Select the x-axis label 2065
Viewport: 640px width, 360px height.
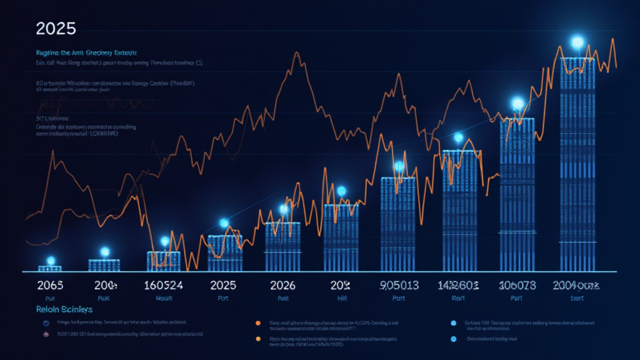click(x=51, y=286)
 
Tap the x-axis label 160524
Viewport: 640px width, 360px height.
click(x=163, y=286)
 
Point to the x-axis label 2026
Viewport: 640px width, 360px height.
click(x=282, y=286)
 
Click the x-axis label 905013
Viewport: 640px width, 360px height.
click(x=398, y=286)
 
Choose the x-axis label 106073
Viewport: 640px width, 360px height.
click(x=516, y=286)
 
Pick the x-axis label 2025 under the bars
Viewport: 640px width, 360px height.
click(x=223, y=286)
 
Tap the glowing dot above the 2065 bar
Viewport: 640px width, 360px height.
click(x=51, y=261)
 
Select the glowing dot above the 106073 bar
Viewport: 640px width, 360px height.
click(x=517, y=103)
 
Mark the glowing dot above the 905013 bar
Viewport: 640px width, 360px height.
click(x=399, y=166)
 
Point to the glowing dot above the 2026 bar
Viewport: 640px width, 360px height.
click(x=284, y=209)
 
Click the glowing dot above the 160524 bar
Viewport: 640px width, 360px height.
click(x=164, y=241)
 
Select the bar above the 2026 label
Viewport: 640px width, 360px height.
click(x=282, y=247)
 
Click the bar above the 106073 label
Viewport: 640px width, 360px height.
click(x=517, y=194)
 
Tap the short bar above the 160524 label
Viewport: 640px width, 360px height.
click(x=163, y=261)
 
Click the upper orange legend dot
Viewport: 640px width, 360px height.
click(x=257, y=323)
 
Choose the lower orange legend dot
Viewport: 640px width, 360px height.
click(x=257, y=338)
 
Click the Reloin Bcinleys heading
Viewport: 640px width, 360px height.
click(x=64, y=309)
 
